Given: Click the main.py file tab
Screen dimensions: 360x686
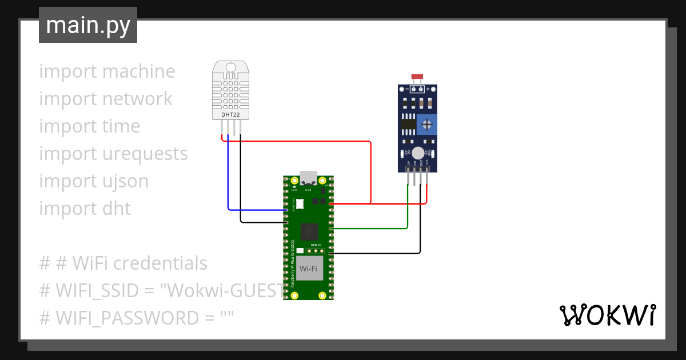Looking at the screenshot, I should (87, 25).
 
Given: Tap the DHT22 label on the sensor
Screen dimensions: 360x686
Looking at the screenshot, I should (230, 115).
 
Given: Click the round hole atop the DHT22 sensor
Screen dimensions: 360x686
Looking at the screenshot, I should (230, 68).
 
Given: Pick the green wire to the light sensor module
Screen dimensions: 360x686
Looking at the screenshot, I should (407, 211).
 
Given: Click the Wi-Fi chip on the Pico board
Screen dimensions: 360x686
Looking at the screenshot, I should (309, 269).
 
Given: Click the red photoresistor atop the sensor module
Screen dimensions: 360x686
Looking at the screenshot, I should (417, 76).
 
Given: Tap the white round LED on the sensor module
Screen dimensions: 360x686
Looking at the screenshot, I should (418, 153).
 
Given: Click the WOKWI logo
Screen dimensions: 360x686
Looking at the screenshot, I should (607, 315).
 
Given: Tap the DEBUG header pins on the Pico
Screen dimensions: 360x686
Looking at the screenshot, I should (315, 250).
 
